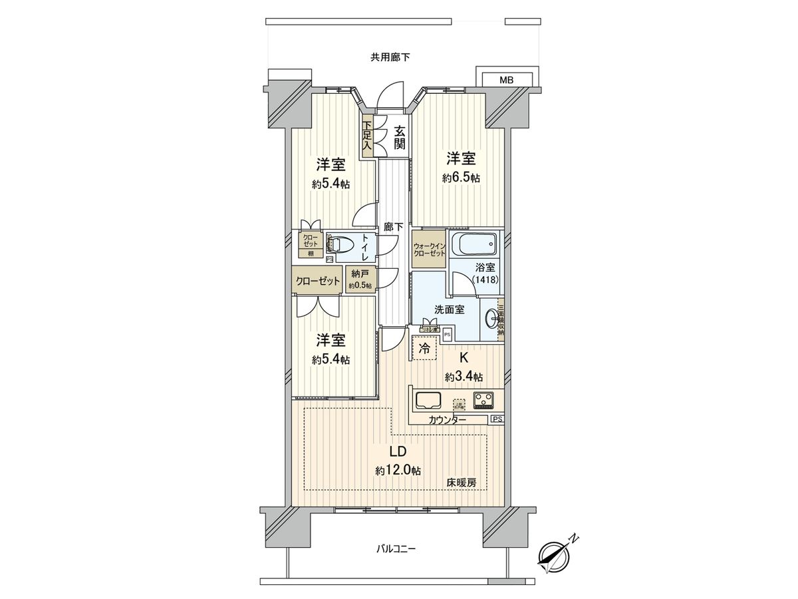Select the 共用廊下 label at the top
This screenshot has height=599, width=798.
(390, 57)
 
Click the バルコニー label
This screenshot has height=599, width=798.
(396, 549)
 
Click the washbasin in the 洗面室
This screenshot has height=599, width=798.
(492, 319)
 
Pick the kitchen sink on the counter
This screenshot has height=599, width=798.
(428, 400)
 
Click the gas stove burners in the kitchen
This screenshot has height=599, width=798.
(483, 399)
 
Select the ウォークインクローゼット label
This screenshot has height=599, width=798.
(429, 249)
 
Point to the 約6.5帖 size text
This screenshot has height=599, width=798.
(461, 178)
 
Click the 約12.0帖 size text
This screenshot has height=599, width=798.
(398, 471)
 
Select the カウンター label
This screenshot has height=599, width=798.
(447, 420)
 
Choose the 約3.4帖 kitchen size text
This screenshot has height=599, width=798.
(464, 377)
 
